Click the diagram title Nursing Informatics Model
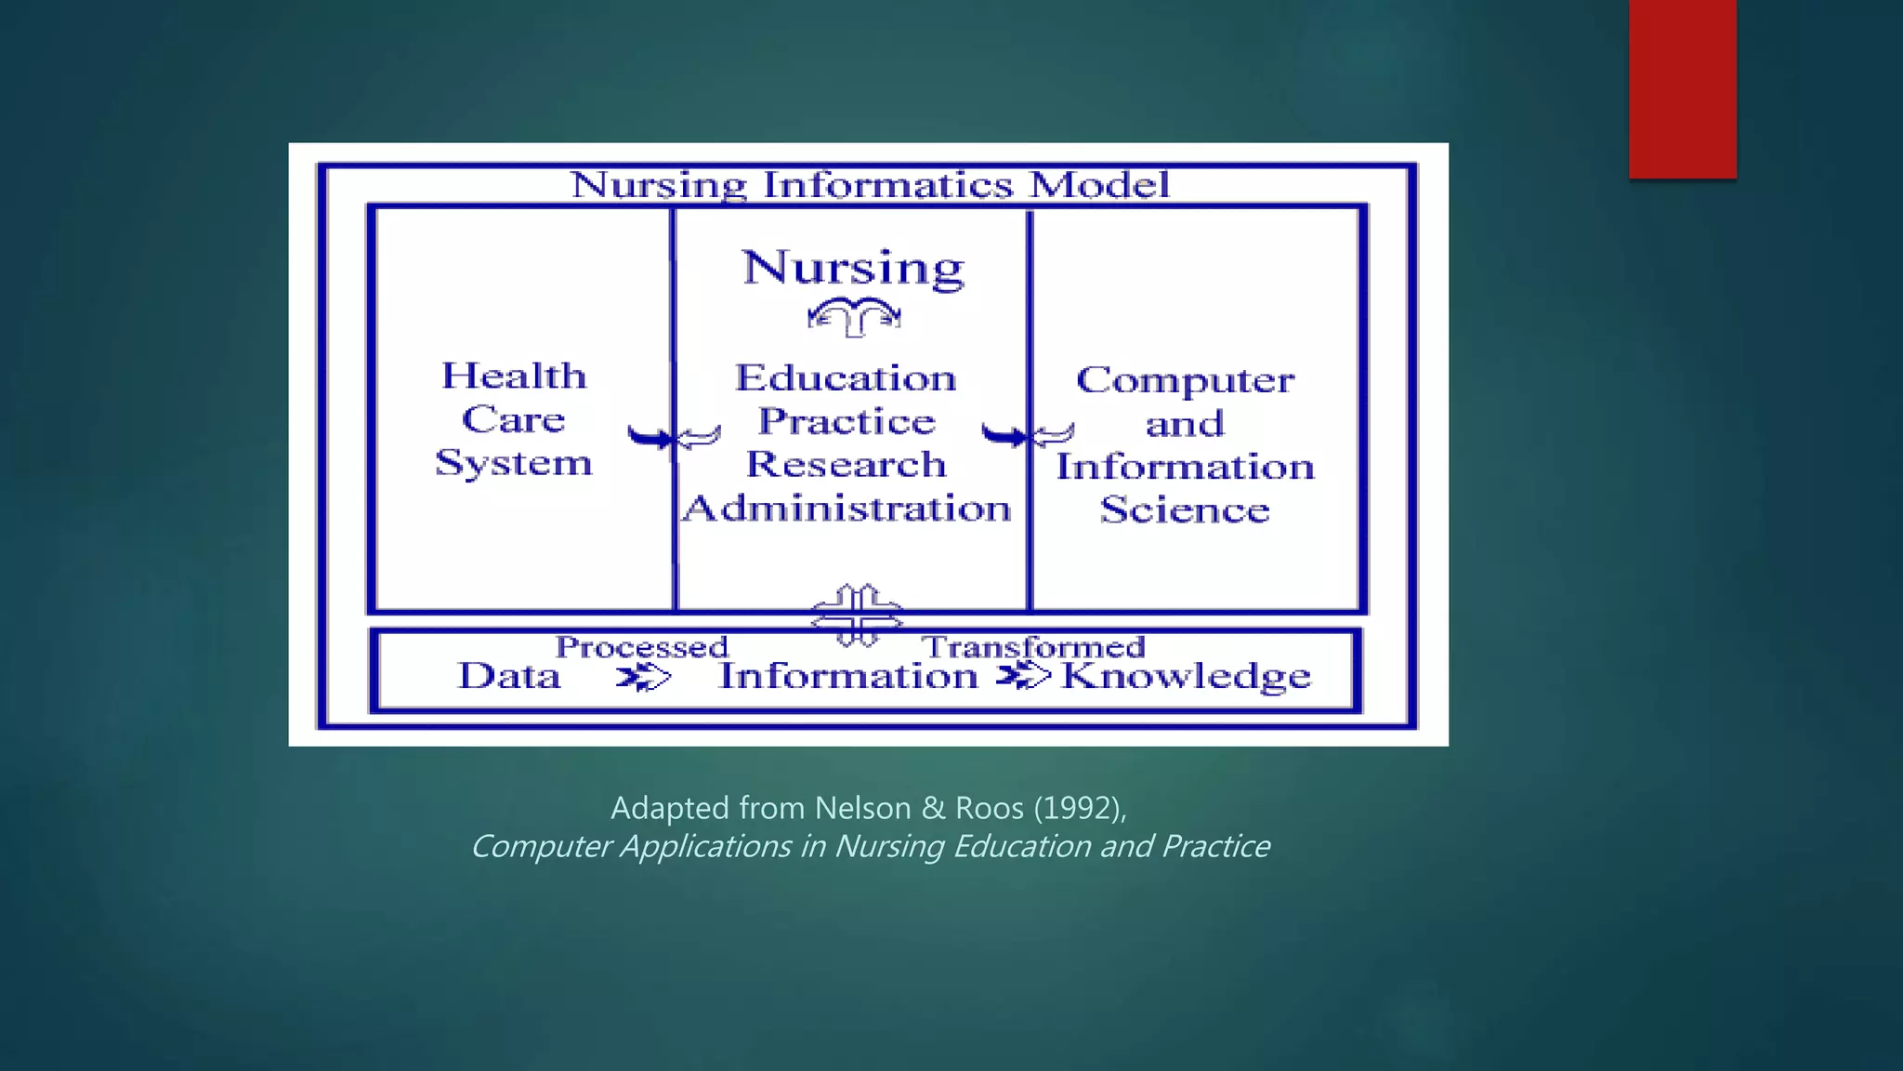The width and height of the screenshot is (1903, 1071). click(870, 185)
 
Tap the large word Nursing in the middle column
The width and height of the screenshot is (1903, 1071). click(853, 269)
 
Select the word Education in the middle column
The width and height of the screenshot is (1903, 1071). click(846, 378)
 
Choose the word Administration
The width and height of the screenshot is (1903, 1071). click(846, 509)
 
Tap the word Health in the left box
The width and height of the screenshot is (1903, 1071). click(514, 377)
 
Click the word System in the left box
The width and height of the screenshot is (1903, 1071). click(514, 463)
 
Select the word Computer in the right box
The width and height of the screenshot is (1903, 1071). click(1185, 380)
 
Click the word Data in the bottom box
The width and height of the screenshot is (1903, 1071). click(509, 676)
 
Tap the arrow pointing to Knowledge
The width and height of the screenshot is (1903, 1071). click(1023, 676)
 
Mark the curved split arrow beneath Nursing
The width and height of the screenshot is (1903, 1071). click(854, 317)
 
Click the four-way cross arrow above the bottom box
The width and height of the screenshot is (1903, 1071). click(857, 615)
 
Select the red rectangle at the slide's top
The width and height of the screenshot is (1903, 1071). click(1682, 89)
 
